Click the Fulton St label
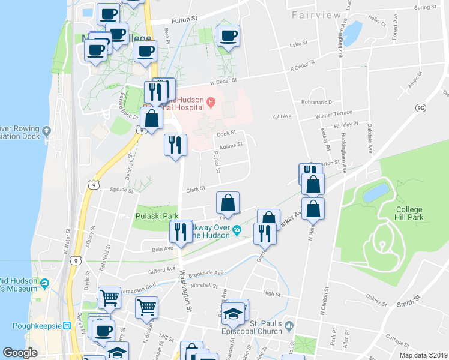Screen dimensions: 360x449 (x=184, y=20)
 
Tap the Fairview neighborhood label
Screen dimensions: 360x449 (x=313, y=14)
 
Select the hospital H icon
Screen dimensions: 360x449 (x=211, y=103)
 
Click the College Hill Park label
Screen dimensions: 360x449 (x=409, y=213)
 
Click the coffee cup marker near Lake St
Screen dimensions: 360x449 (x=228, y=36)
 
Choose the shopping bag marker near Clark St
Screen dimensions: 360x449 (x=228, y=204)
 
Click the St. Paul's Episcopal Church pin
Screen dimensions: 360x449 (x=289, y=326)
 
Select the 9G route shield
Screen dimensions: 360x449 (x=420, y=107)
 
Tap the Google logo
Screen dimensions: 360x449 (x=20, y=353)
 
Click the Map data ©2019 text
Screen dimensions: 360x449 (x=423, y=355)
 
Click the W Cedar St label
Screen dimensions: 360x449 (x=223, y=80)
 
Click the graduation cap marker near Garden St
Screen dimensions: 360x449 (x=232, y=313)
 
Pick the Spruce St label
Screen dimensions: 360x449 (x=122, y=190)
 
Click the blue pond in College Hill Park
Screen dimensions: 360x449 (x=376, y=193)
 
